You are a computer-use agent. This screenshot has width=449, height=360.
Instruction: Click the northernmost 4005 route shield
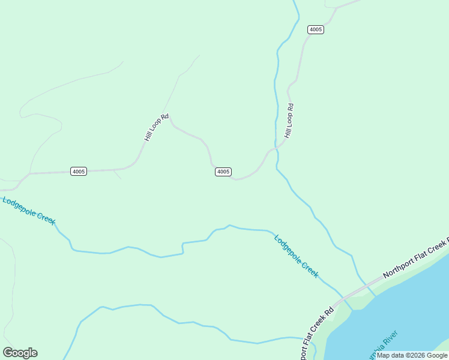point(316,29)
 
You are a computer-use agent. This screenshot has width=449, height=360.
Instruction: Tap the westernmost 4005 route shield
point(79,171)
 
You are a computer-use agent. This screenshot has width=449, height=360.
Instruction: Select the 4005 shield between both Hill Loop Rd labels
point(223,172)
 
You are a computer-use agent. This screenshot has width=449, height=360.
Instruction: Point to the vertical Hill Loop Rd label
point(289,121)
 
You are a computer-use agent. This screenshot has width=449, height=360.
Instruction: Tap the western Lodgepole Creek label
point(29,211)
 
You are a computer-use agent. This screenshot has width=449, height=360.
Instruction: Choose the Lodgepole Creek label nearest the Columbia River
point(296,256)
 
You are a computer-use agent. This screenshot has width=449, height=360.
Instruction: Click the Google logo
point(20,353)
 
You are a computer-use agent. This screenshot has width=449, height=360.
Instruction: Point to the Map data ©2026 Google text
point(412,355)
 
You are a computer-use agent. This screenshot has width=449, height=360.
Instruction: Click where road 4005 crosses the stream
point(276,148)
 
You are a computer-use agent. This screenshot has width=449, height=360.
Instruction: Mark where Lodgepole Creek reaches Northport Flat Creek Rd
point(340,296)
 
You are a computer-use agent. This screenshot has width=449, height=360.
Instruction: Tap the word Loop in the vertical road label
point(289,121)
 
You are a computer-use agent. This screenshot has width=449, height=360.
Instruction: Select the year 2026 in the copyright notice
point(414,355)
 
